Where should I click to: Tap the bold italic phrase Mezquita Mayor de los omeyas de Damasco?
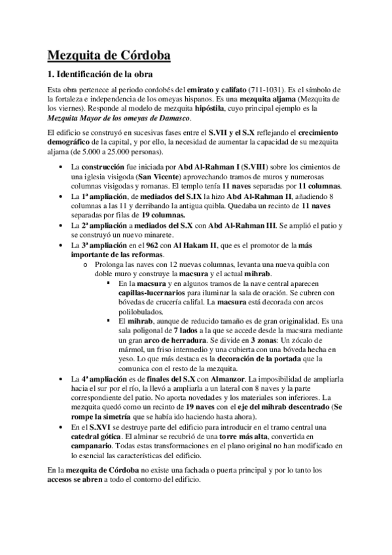pyautogui.click(x=120, y=118)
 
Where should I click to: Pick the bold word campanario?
pyautogui.click(x=98, y=446)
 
